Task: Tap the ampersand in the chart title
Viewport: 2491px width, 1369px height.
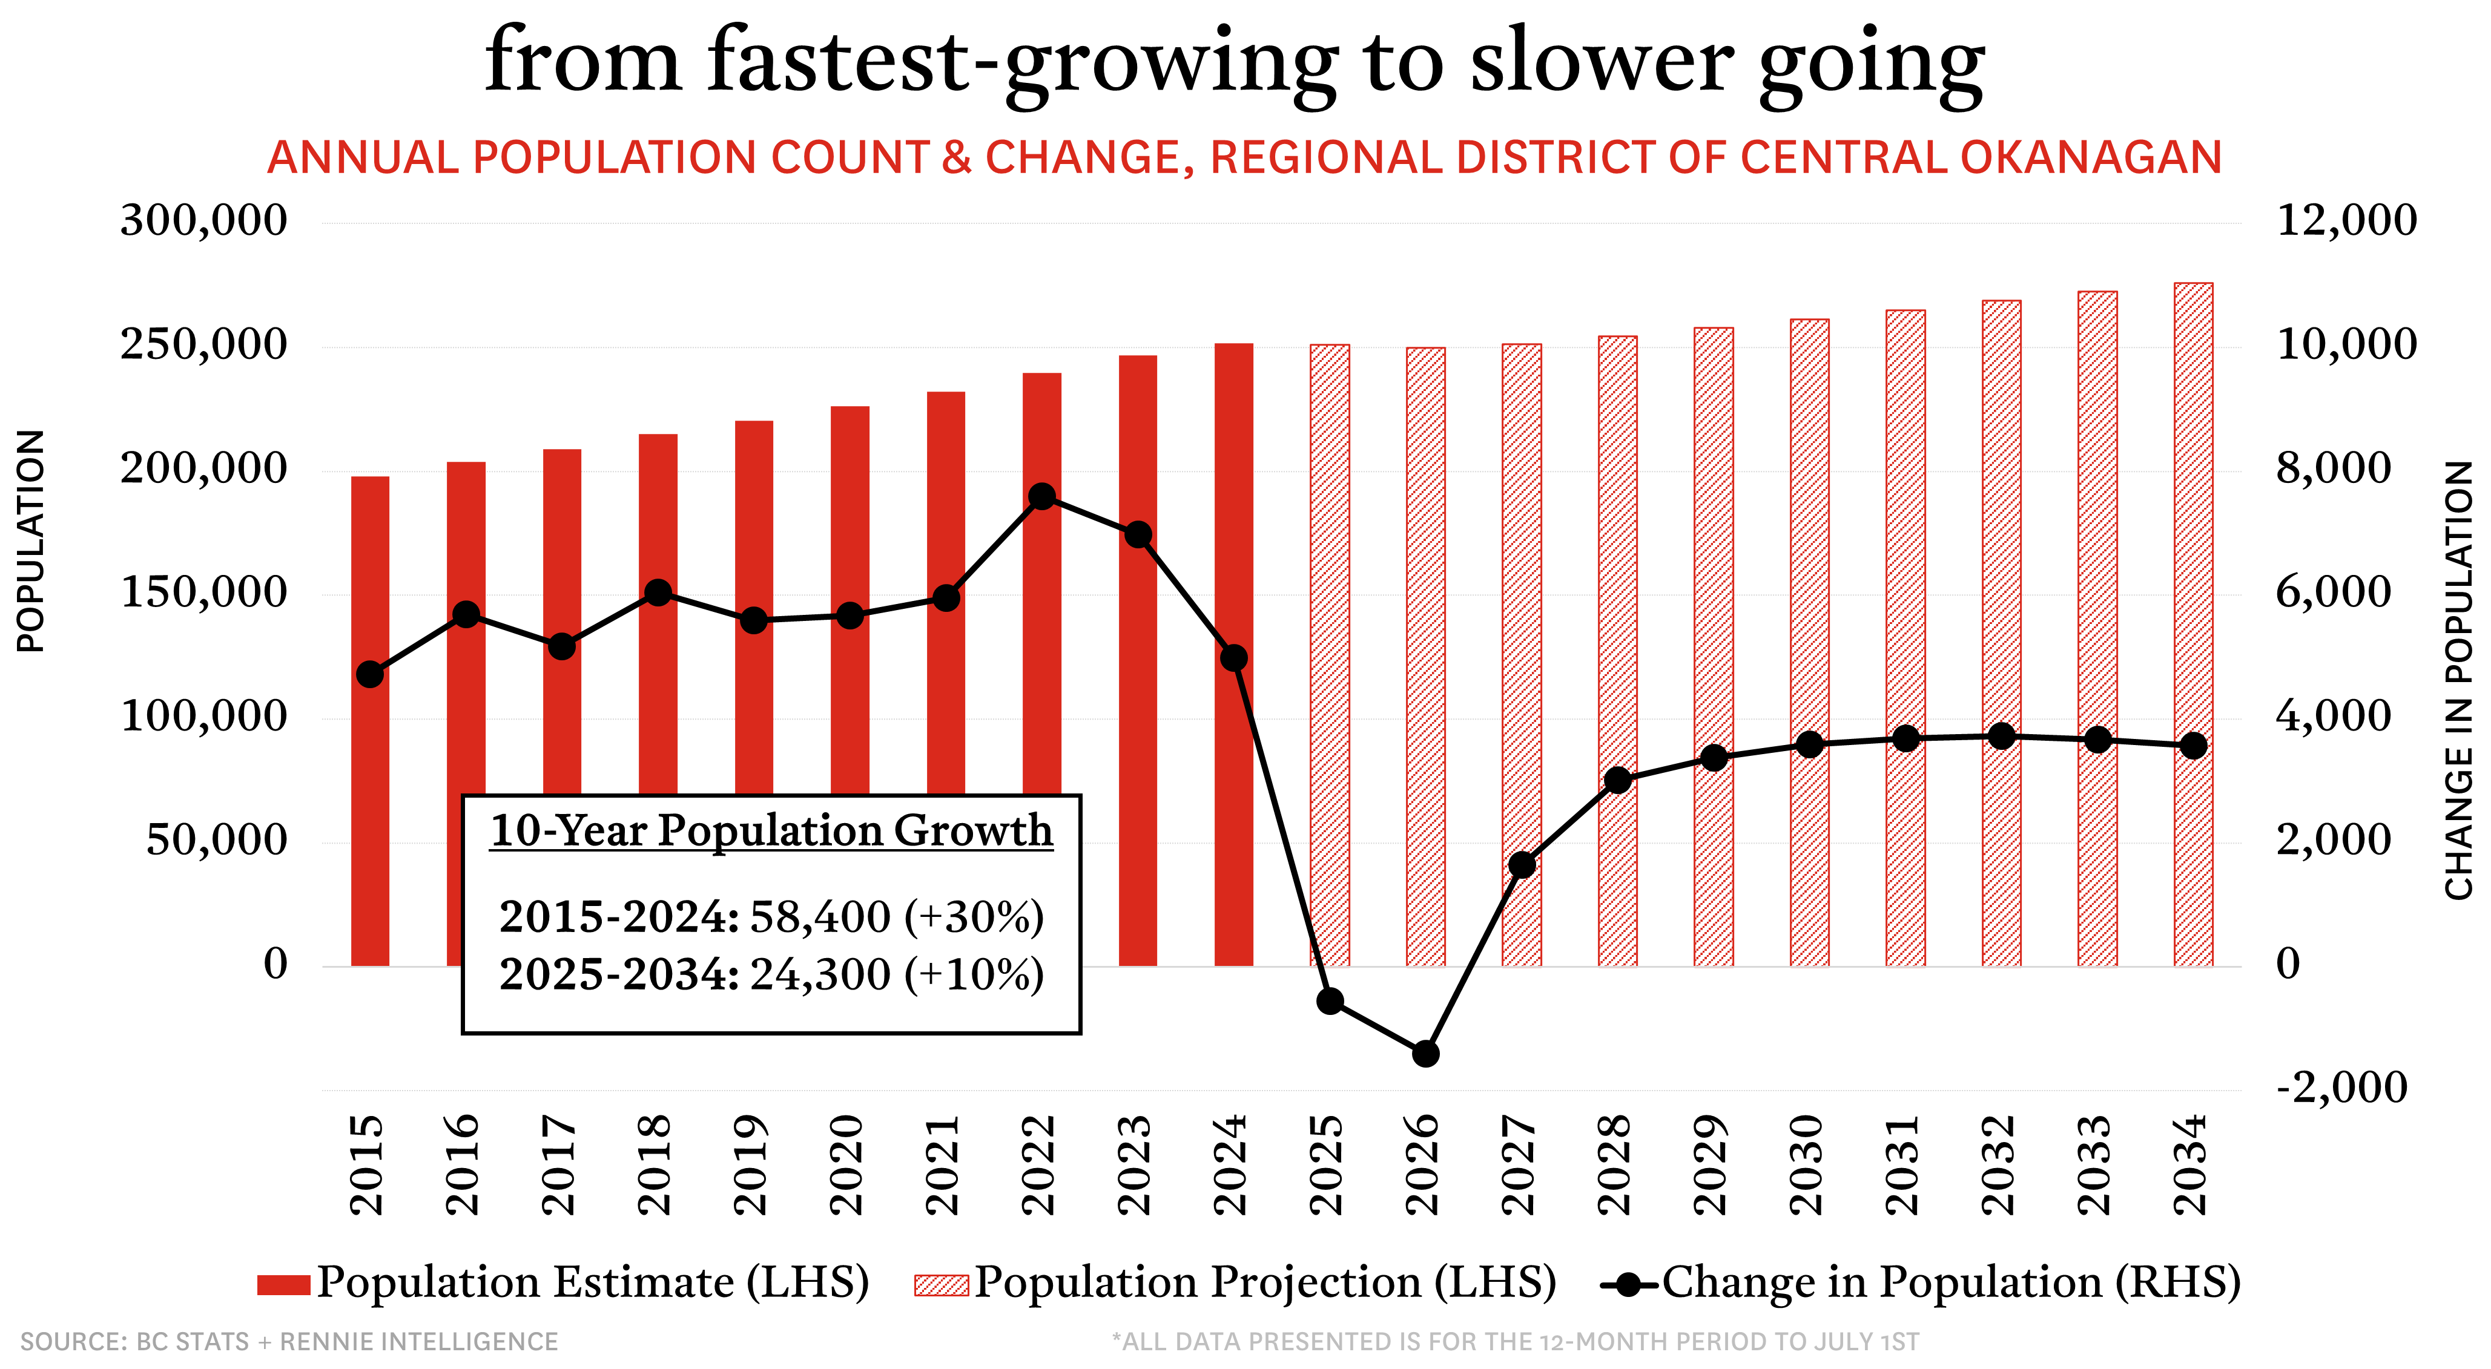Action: (956, 157)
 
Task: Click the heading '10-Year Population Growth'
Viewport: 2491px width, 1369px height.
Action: (771, 830)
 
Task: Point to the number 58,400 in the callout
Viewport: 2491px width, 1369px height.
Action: (820, 916)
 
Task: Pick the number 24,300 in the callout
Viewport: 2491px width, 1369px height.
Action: (820, 974)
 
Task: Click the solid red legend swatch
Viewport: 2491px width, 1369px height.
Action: (283, 1285)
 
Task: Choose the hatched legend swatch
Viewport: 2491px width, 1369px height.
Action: (941, 1285)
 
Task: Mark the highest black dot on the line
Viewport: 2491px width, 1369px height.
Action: (1041, 497)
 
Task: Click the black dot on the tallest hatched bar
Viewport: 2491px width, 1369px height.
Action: (2193, 746)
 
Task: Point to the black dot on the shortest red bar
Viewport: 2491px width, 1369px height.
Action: (371, 674)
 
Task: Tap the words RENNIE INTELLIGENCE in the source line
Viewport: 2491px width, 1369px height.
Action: (419, 1342)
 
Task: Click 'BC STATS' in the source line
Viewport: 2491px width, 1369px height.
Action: (193, 1342)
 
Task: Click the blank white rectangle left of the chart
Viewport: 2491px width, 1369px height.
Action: (172, 1102)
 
